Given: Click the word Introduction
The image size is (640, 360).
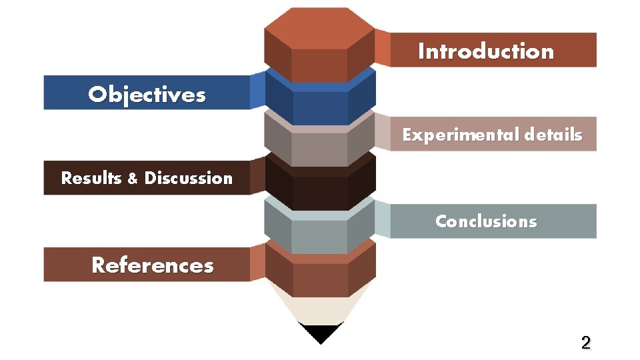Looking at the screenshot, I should pos(485,51).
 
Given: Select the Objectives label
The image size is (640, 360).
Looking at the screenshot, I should pos(147,95).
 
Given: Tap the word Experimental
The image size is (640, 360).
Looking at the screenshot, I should pos(460,135).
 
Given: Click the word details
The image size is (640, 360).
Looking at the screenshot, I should pos(553,135).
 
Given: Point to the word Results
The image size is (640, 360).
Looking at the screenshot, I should pos(91,178).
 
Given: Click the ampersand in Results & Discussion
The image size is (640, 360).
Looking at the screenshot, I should pos(132,179).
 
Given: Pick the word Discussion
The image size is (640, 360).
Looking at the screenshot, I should pos(189,178).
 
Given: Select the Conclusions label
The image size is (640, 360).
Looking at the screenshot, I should pos(485,221).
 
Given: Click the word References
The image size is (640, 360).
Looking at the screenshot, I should pos(153,265).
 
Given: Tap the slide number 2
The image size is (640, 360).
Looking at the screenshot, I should pos(585,343).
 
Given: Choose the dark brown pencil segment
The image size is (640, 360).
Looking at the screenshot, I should pos(320,190).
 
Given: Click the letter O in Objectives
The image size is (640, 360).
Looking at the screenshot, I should pos(98,95).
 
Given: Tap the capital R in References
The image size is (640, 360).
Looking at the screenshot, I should pos(99,265).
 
